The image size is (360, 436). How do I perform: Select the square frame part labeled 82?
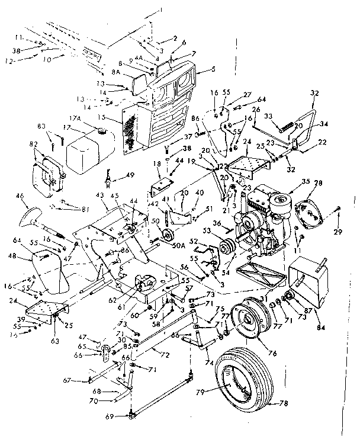coord(46,170)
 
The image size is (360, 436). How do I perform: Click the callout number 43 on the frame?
coord(99,196)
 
